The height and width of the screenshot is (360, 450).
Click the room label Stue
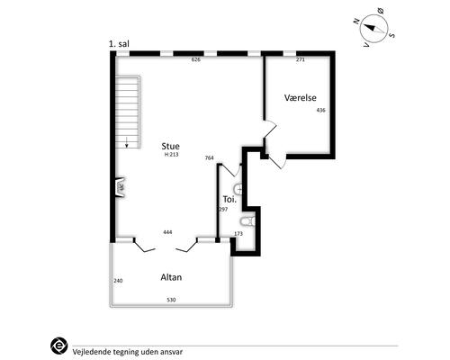pos(170,146)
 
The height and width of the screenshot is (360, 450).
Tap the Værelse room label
pos(301,97)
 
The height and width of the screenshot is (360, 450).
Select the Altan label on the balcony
pos(171,277)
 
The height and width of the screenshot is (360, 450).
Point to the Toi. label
pos(229,199)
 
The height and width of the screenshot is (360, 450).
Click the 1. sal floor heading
pos(119,44)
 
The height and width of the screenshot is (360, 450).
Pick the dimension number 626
pos(195,59)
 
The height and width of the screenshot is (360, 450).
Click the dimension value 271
pos(301,59)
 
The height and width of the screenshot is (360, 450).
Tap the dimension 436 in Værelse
pos(320,110)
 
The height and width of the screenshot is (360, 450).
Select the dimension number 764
pos(209,157)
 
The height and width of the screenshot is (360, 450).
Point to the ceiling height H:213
pos(171,155)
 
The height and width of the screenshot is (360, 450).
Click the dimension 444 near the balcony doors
pos(167,232)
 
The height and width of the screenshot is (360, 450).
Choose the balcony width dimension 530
pos(171,300)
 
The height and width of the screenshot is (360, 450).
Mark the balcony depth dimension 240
pos(118,281)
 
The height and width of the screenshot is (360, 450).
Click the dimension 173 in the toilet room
pos(238,234)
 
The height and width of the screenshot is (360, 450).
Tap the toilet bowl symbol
pos(247,221)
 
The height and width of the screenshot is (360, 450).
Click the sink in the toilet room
pos(238,189)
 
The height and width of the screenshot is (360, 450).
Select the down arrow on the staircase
pos(127,142)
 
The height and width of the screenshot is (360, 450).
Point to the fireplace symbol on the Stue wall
pos(121,187)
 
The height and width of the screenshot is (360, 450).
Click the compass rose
pos(373,28)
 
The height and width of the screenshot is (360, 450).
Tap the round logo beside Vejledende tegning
pos(59,346)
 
